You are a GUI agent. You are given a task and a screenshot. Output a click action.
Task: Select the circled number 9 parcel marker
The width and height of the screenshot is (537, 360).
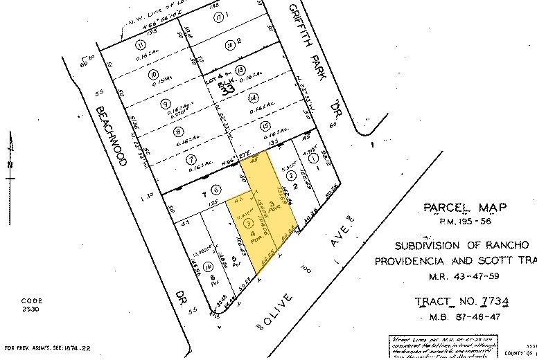[165, 104]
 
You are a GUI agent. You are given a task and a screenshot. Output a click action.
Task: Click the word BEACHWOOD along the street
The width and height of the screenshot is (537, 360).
[111, 136]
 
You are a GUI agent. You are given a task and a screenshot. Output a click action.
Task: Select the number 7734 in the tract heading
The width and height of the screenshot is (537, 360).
[493, 302]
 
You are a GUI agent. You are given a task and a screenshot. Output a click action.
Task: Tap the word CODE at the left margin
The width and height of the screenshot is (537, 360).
[32, 300]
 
